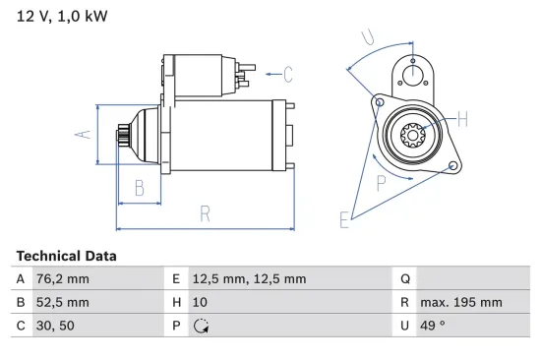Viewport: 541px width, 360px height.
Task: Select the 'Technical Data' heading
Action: click(66, 256)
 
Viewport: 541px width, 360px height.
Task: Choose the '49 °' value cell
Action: click(432, 326)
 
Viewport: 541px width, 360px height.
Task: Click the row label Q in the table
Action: click(403, 278)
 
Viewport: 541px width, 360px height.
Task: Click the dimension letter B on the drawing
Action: click(140, 186)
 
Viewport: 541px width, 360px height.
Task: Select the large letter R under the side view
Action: click(205, 212)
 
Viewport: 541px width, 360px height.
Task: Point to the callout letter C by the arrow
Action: click(287, 72)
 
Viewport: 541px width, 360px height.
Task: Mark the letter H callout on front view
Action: click(462, 120)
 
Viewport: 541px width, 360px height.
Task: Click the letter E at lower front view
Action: click(344, 220)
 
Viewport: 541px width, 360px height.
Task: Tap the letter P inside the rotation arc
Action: click(381, 181)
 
